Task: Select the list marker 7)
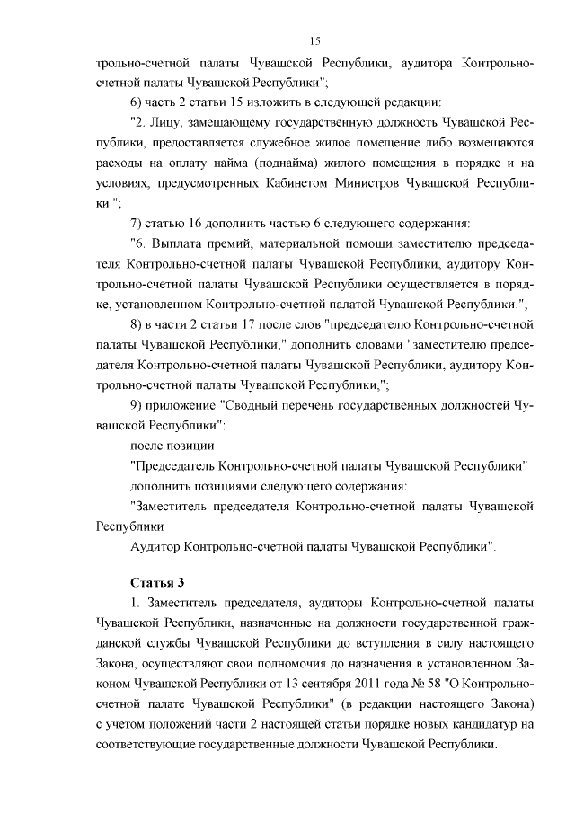pyautogui.click(x=139, y=222)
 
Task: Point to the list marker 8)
pyautogui.click(x=139, y=322)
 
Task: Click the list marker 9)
pyautogui.click(x=139, y=404)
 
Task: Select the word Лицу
pyautogui.click(x=170, y=122)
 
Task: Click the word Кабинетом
pyautogui.click(x=347, y=182)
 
